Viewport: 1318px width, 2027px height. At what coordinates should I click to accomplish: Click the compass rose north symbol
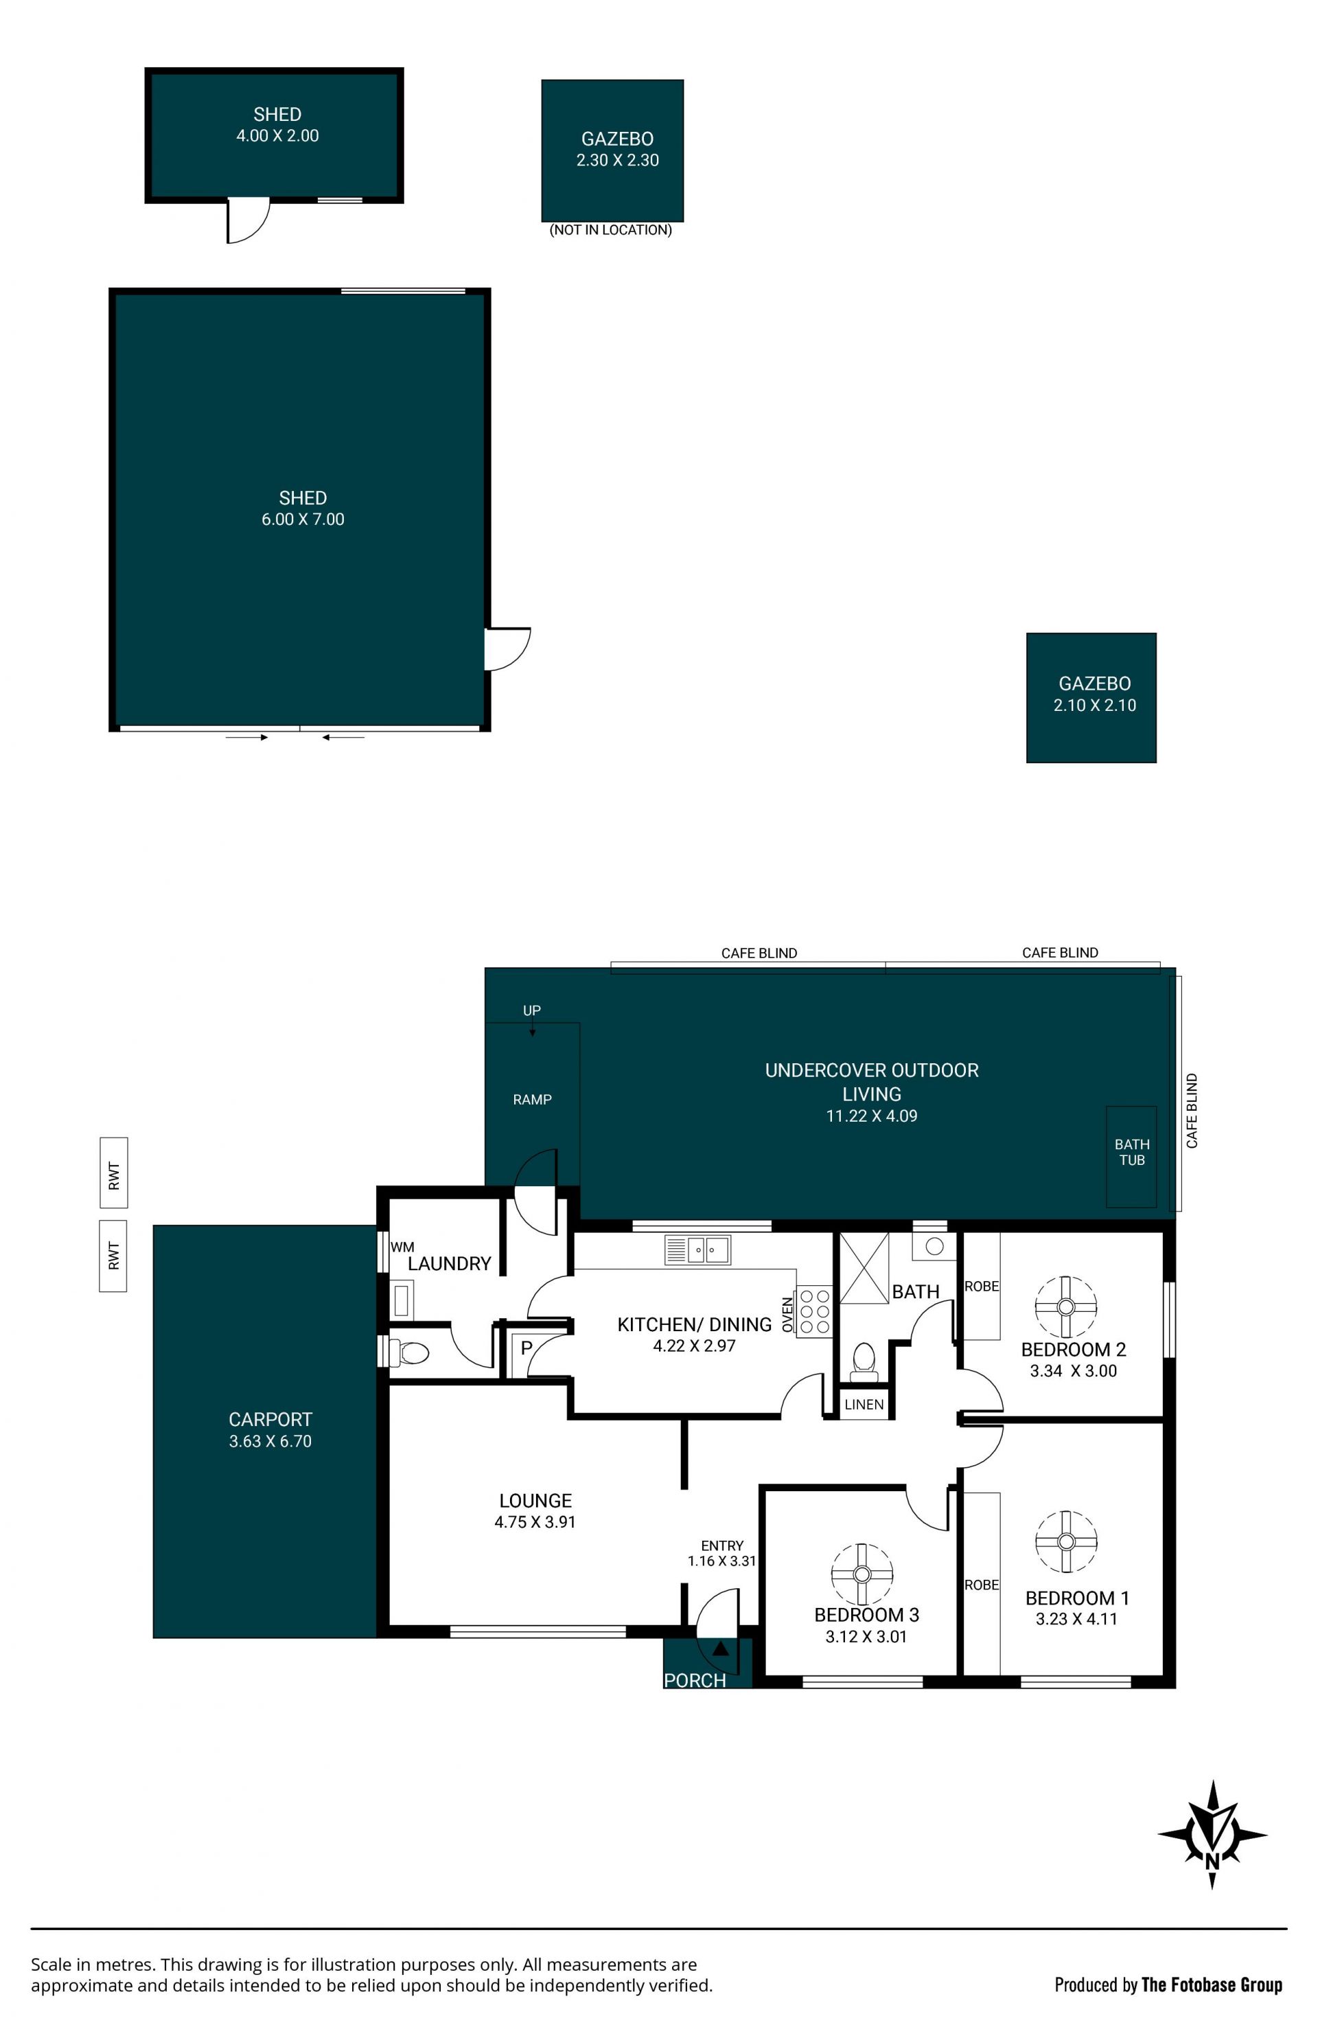[1212, 1835]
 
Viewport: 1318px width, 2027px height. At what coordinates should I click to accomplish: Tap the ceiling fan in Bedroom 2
[1065, 1307]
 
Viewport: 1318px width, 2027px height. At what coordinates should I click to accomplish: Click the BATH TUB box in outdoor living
[1131, 1156]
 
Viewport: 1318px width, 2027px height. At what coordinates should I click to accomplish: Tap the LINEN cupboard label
[864, 1405]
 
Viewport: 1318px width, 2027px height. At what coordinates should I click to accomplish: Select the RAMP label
[532, 1100]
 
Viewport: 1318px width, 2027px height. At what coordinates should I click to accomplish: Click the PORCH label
[695, 1680]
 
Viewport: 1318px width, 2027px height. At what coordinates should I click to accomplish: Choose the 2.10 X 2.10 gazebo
[1091, 697]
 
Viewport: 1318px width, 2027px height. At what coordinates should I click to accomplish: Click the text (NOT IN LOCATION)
[610, 230]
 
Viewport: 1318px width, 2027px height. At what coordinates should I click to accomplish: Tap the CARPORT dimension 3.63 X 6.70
[270, 1441]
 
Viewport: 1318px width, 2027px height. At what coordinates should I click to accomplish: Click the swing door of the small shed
[248, 220]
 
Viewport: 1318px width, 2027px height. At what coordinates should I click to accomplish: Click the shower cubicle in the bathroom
[864, 1267]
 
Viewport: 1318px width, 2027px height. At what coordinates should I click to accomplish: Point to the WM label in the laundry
[402, 1247]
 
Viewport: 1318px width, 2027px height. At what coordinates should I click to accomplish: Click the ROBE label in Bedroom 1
[981, 1585]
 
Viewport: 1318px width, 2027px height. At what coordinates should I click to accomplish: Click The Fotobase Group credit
[1211, 1984]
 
